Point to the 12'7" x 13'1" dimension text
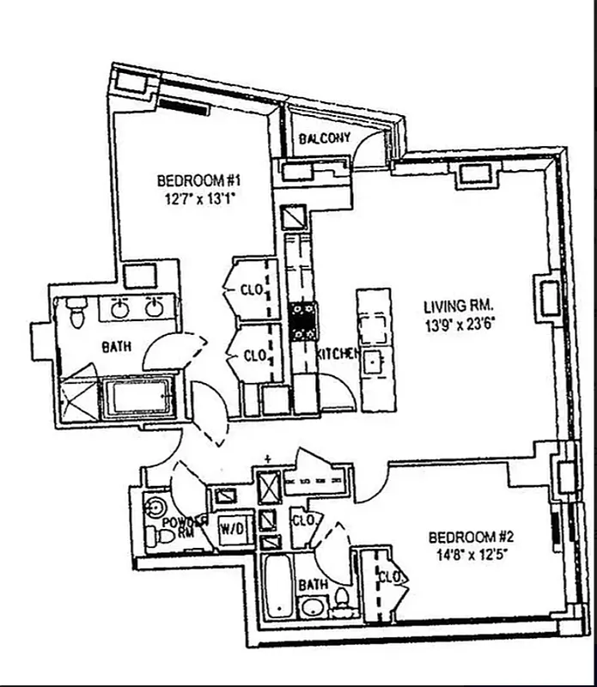197,198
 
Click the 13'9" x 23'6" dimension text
461,324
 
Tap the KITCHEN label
337,354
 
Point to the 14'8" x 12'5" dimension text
469,554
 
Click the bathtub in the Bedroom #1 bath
138,398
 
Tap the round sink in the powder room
156,506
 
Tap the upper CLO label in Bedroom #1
253,289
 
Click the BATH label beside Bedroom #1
116,348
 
